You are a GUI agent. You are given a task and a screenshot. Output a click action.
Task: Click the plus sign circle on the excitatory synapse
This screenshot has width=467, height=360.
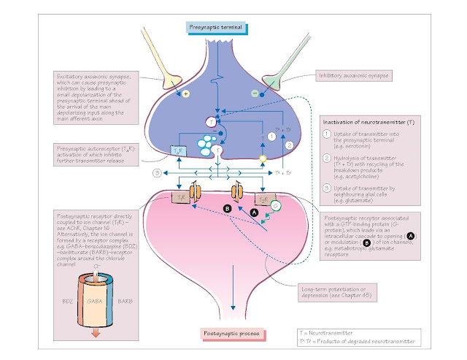click(x=186, y=94)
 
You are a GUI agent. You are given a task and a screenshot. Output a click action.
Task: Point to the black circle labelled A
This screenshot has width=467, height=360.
click(x=255, y=212)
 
